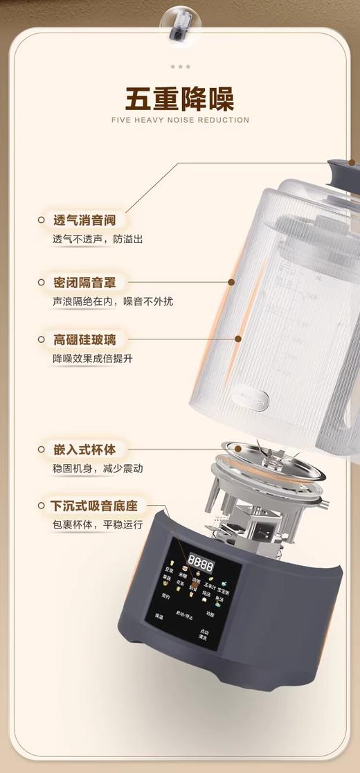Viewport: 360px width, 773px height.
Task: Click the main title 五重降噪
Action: [180, 98]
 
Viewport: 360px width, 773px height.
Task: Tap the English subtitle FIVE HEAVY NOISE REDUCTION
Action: [180, 120]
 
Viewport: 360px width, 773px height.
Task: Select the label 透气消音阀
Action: [84, 221]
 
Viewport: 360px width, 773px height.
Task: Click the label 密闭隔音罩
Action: [84, 283]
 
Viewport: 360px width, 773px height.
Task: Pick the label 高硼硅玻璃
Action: [84, 340]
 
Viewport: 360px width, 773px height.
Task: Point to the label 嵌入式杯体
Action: [84, 450]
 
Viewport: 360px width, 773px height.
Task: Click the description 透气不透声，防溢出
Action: [98, 239]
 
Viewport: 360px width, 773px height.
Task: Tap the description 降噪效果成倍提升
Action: [92, 359]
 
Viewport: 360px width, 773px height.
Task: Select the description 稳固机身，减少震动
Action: [98, 468]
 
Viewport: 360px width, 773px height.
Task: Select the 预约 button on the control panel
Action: [165, 596]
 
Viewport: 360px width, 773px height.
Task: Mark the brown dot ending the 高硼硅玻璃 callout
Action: [239, 339]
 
